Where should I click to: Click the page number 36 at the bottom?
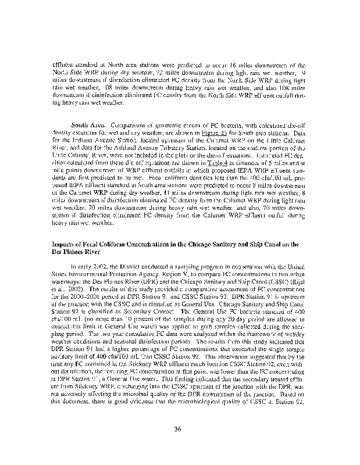pos(180,429)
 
